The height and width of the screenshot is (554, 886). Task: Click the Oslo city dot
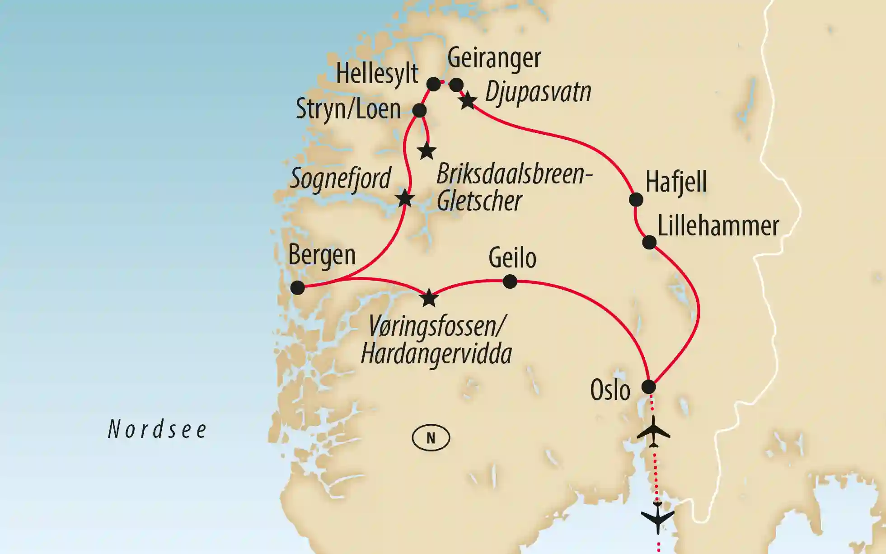[649, 387]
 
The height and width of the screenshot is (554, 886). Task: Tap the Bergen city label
[322, 255]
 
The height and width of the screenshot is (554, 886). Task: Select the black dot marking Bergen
[297, 287]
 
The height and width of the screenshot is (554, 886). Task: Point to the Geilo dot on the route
[510, 282]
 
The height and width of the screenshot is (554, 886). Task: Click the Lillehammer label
[718, 225]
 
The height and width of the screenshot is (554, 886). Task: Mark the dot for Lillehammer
[649, 242]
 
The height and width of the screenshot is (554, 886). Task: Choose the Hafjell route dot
[636, 199]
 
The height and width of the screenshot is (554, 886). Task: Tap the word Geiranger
[494, 58]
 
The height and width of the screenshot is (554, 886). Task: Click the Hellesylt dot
[433, 84]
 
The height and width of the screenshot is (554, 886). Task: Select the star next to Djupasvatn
[468, 101]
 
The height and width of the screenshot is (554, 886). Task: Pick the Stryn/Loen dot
[419, 110]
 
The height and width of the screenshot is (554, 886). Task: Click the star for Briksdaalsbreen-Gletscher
[427, 151]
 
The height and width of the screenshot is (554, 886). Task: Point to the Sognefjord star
[405, 198]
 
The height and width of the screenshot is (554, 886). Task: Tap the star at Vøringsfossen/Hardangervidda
[429, 298]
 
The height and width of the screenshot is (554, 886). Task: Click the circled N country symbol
[431, 438]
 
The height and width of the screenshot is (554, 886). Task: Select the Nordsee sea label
[157, 429]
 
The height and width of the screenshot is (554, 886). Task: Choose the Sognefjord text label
[340, 178]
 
